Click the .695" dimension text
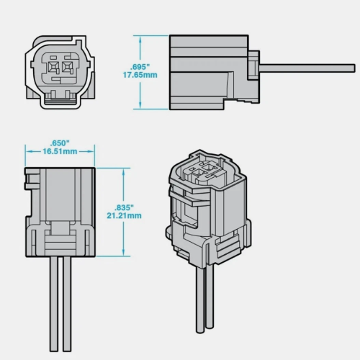pos(140,67)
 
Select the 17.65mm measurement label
pos(140,75)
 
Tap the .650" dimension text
pos(60,143)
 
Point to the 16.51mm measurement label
pos(60,151)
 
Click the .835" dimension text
pos(124,207)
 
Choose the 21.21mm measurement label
pos(124,215)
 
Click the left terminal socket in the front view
pos(53,66)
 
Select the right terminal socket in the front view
pos(68,66)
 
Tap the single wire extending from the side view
pos(307,68)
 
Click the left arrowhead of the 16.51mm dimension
pos(30,151)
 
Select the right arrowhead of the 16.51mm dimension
pos(91,151)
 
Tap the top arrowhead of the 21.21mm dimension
pos(124,172)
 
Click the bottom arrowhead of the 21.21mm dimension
pos(124,252)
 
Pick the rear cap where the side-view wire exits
pos(253,77)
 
